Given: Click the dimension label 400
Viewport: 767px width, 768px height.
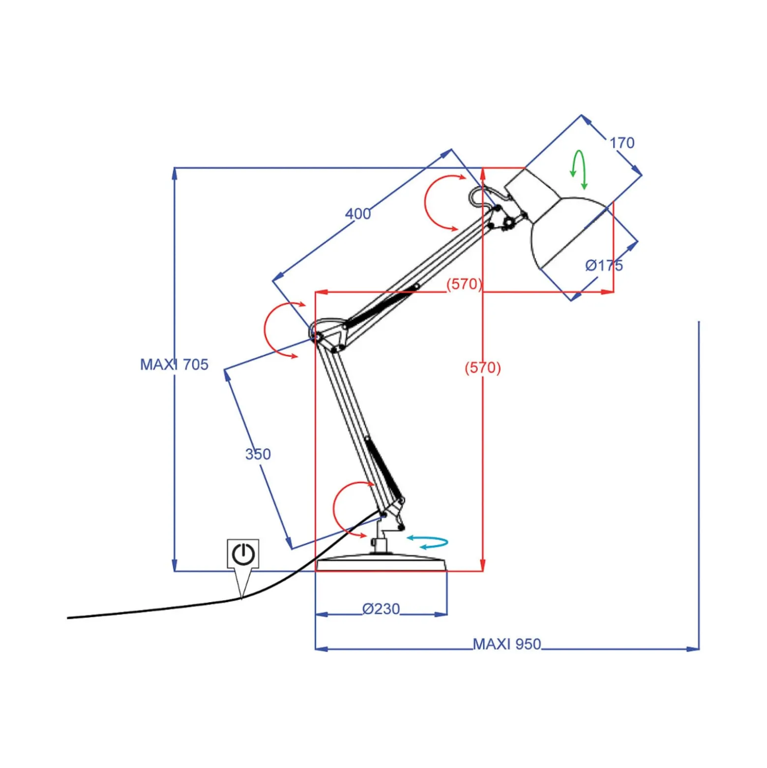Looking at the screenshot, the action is tap(357, 214).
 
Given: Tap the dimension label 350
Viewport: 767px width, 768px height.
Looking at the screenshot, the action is tap(258, 454).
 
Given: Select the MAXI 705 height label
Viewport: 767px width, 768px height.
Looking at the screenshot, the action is tap(174, 365).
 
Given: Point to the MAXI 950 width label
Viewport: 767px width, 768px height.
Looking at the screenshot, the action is tap(506, 644).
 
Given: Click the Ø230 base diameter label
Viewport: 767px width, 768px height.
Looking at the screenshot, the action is tap(381, 609).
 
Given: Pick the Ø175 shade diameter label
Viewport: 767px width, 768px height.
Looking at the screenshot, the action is tap(604, 266).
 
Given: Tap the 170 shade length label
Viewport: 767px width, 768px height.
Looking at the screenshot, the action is tap(622, 143).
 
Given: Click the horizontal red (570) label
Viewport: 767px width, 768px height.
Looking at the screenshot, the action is tap(464, 284).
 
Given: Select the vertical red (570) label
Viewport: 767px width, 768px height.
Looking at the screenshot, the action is tap(483, 368).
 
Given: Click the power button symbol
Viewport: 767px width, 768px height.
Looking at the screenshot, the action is tap(243, 554).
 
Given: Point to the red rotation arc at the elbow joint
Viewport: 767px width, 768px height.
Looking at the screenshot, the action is tap(265, 330).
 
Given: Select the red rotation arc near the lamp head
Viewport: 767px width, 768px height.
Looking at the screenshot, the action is tap(426, 202).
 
